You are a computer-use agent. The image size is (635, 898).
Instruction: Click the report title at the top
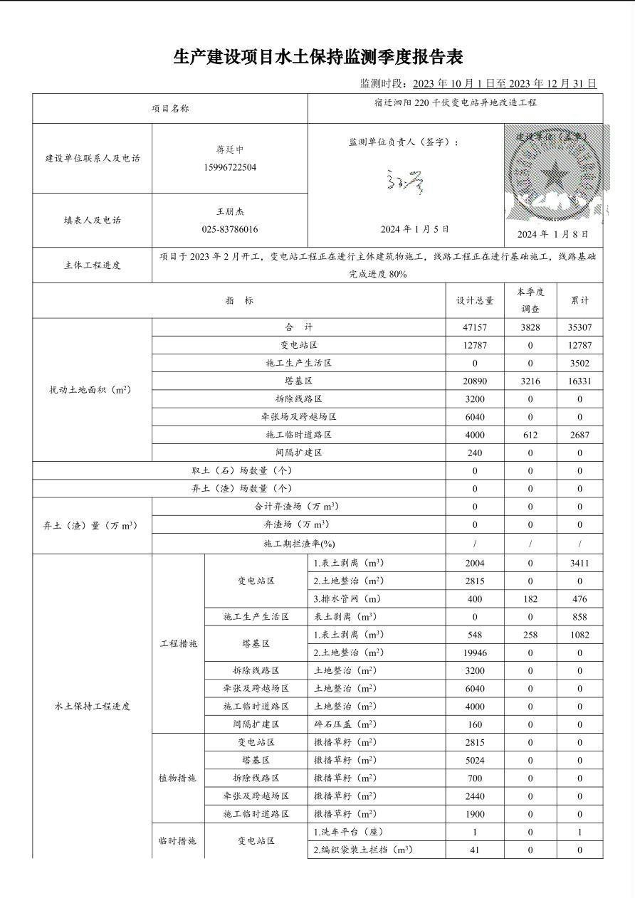[317, 57]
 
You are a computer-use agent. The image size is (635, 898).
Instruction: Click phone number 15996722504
[229, 168]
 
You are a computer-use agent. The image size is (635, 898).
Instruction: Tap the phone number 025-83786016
[229, 230]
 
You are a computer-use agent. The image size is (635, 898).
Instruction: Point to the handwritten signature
[405, 182]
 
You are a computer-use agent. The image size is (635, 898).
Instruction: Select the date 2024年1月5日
[415, 229]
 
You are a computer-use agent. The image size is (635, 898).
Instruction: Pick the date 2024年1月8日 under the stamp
[552, 234]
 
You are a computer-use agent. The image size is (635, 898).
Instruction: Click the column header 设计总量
[475, 301]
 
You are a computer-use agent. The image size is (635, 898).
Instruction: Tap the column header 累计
[579, 301]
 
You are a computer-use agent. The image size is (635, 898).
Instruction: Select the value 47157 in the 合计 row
[475, 327]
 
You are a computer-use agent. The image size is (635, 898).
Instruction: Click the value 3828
[530, 327]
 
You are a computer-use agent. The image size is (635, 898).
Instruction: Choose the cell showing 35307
[579, 327]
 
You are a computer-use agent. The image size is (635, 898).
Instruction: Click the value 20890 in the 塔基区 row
[475, 381]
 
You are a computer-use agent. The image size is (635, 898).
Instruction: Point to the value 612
[530, 435]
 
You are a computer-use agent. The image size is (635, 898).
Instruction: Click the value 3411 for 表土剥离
[579, 564]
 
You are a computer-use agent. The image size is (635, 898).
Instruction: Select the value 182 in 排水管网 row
[530, 599]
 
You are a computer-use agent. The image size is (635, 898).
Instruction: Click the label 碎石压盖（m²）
[345, 724]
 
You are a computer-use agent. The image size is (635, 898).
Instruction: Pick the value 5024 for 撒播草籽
[475, 761]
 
